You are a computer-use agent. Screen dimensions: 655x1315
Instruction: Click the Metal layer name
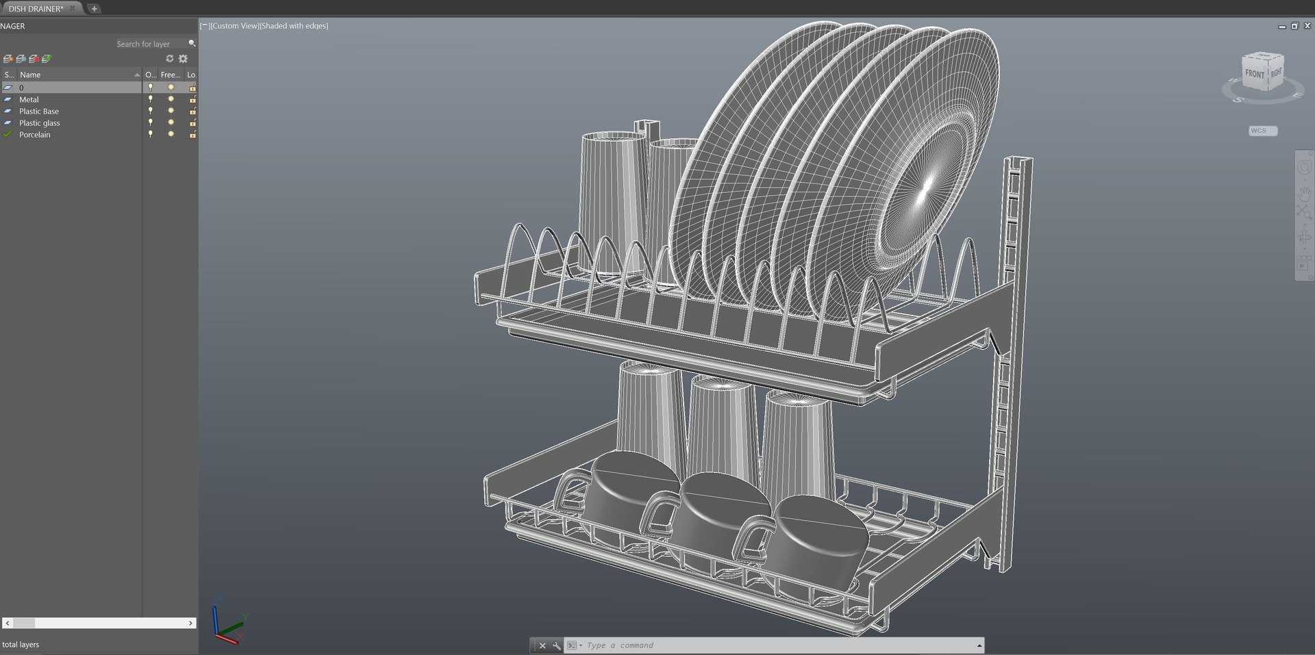click(29, 99)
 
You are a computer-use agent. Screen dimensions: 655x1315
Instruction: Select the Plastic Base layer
click(39, 111)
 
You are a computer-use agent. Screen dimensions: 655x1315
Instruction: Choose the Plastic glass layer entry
click(40, 123)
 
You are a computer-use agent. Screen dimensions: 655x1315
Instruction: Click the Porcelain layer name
click(35, 135)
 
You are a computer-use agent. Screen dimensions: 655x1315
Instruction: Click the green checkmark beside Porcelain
click(8, 134)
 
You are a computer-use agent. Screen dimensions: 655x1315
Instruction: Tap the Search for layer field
click(147, 44)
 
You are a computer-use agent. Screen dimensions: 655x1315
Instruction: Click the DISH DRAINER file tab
click(36, 9)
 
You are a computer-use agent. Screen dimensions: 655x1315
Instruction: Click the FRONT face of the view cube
click(1254, 74)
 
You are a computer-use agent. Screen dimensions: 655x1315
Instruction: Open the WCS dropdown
click(1262, 131)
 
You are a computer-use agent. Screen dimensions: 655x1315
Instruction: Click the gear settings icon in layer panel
click(183, 59)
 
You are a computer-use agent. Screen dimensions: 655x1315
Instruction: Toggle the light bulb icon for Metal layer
click(151, 99)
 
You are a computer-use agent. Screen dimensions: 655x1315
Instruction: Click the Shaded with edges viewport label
click(295, 26)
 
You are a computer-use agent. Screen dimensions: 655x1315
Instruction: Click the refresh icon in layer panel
click(170, 59)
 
